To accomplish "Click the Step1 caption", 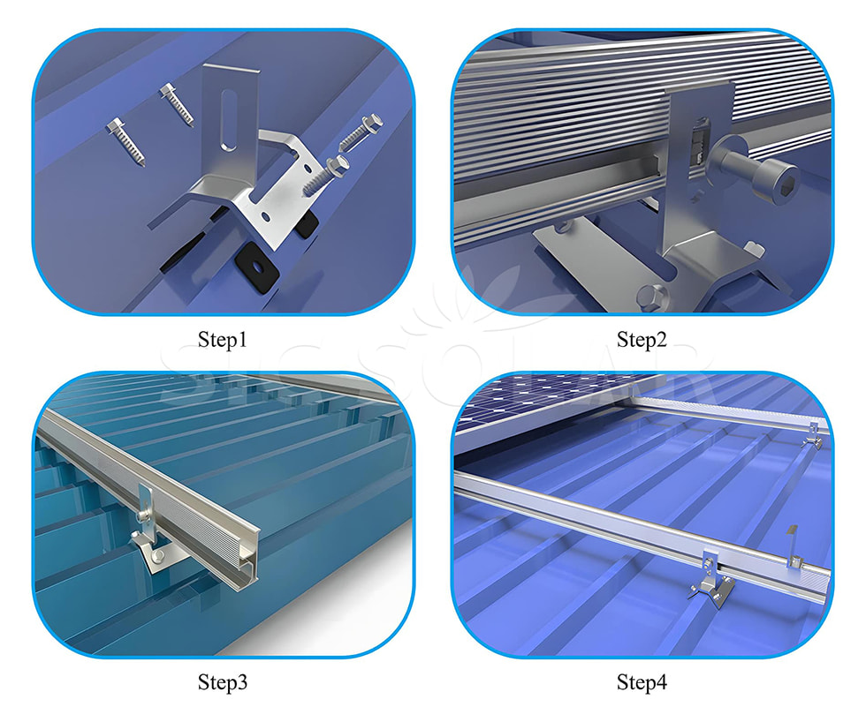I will click(x=222, y=340).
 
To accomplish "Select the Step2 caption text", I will click(x=642, y=340).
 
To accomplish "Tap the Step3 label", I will click(x=222, y=681).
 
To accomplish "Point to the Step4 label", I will click(x=642, y=681).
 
